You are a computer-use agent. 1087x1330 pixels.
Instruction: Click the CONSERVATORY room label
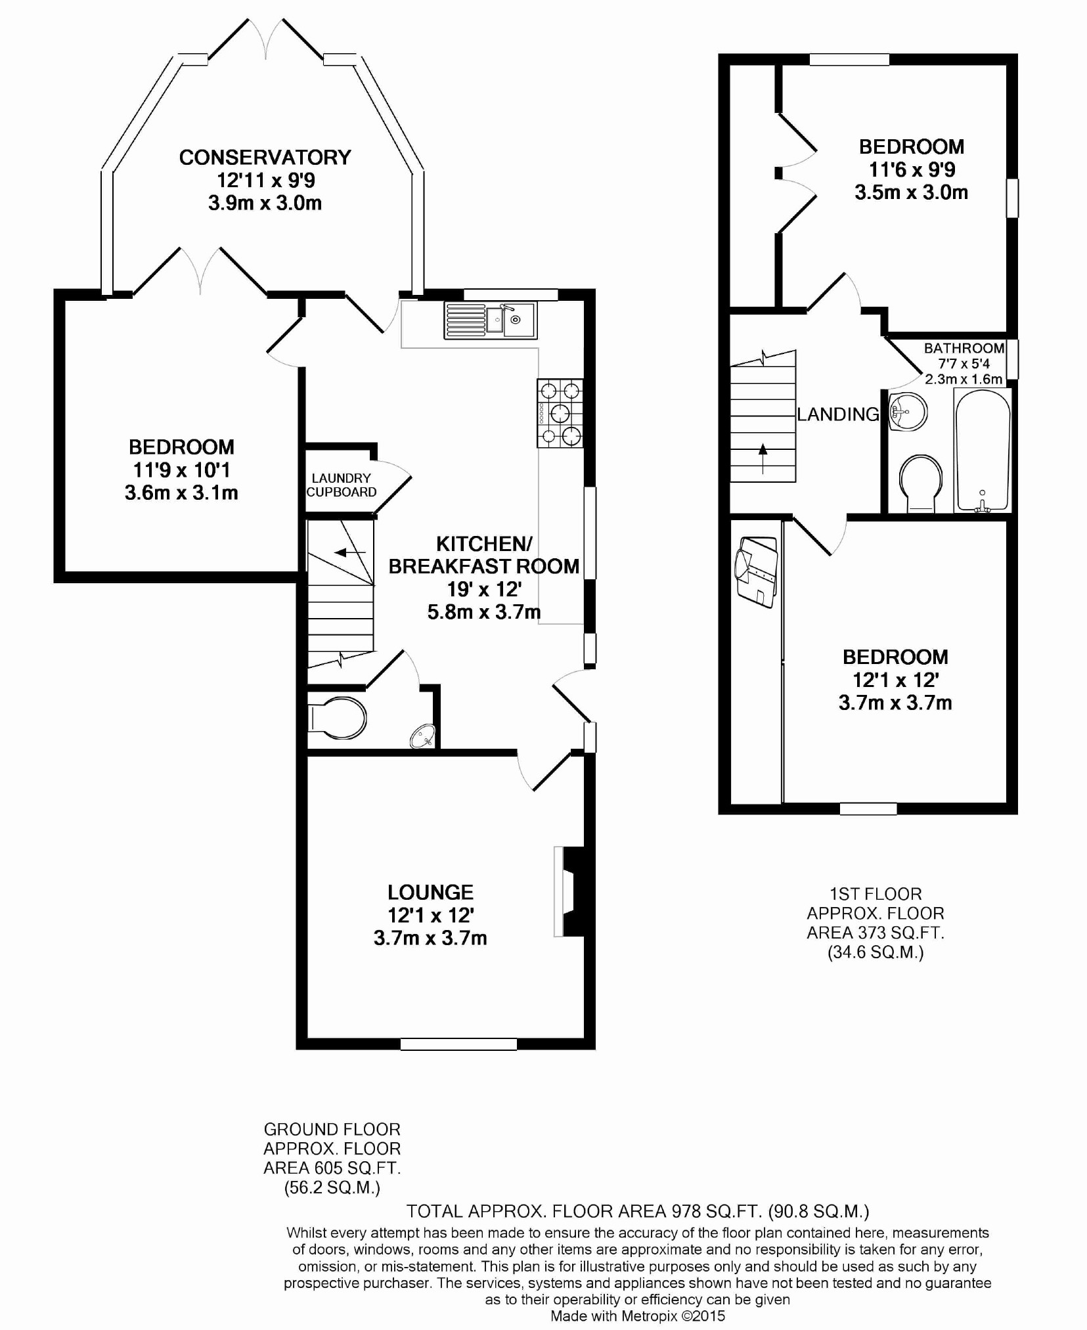pos(265,158)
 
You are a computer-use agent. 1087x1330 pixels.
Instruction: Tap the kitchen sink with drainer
pos(490,321)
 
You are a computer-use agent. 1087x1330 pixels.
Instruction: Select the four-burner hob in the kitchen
pos(560,413)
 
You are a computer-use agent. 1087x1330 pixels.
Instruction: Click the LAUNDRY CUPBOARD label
pos(342,485)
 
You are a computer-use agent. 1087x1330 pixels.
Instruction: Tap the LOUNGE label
pos(430,892)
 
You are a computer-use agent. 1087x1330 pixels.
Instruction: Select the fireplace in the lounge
pos(569,891)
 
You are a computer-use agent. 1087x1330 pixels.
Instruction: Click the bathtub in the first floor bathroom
pos(983,450)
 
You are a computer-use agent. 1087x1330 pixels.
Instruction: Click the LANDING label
pos(838,414)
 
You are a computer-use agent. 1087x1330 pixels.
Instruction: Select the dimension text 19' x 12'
pos(484,589)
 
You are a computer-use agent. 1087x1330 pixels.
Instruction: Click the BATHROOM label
pos(964,348)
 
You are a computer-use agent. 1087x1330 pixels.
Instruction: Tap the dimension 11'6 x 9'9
pos(912,169)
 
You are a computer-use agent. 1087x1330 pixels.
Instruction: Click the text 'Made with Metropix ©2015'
pos(637,1316)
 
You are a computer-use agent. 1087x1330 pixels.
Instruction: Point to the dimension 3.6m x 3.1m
pos(181,493)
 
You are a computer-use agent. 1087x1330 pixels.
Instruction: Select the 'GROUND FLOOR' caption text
pos(332,1129)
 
